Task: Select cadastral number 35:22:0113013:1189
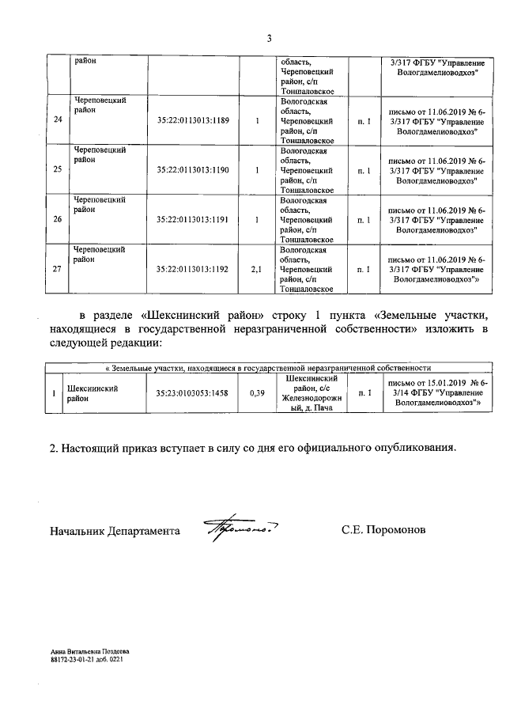tap(193, 120)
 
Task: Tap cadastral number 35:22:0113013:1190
tap(193, 169)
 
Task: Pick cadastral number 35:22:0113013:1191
tap(193, 219)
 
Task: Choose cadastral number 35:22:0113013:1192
tap(193, 269)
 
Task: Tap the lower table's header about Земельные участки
tap(269, 368)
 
